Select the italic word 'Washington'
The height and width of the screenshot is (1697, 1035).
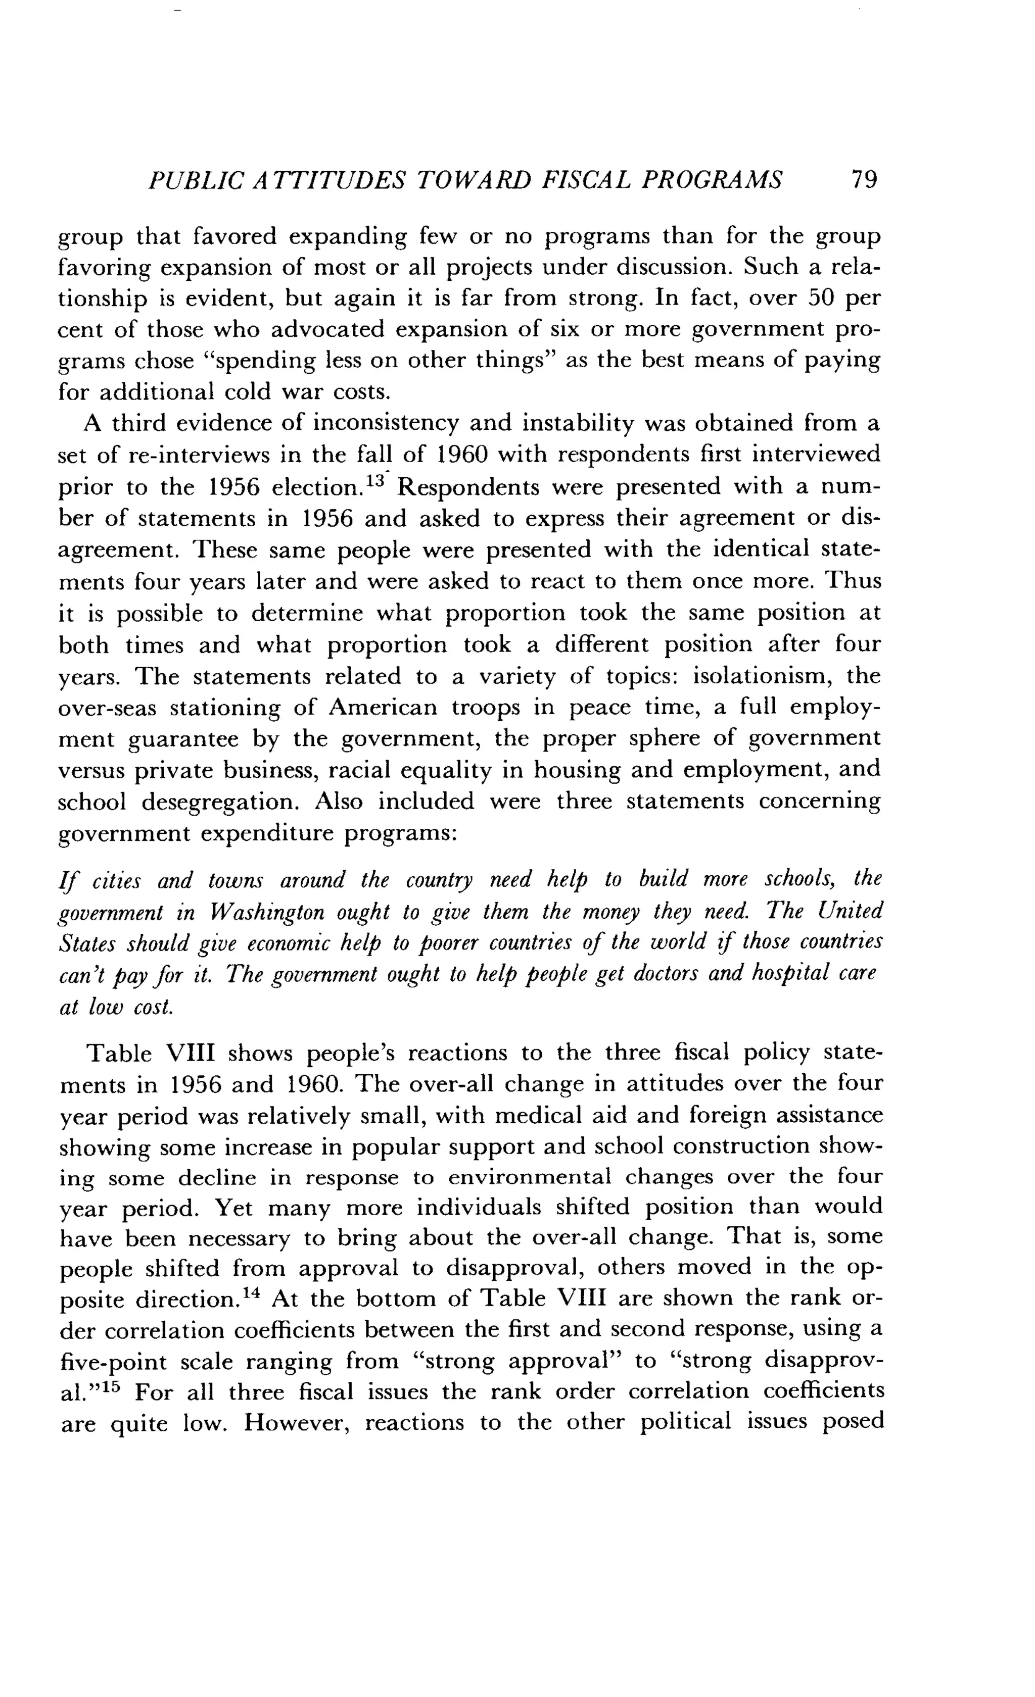pos(267,913)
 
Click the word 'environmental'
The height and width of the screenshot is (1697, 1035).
pos(529,1177)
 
